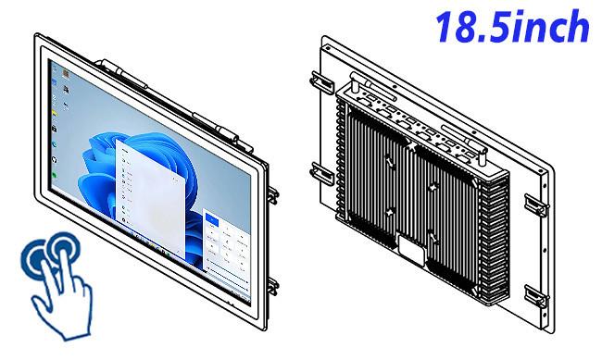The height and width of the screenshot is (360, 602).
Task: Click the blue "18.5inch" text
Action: pos(512,27)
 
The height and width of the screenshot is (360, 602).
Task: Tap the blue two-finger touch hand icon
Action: pos(57,285)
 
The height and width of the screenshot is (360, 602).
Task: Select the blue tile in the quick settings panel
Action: pos(212,220)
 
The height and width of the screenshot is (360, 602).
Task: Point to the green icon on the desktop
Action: pos(54,175)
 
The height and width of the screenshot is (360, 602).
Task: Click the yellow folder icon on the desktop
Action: pos(54,113)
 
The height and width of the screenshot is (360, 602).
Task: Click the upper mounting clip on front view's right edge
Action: pos(272,195)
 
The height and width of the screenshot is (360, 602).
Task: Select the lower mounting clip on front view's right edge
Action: pos(272,286)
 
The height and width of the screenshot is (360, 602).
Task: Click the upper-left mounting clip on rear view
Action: pos(322,82)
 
